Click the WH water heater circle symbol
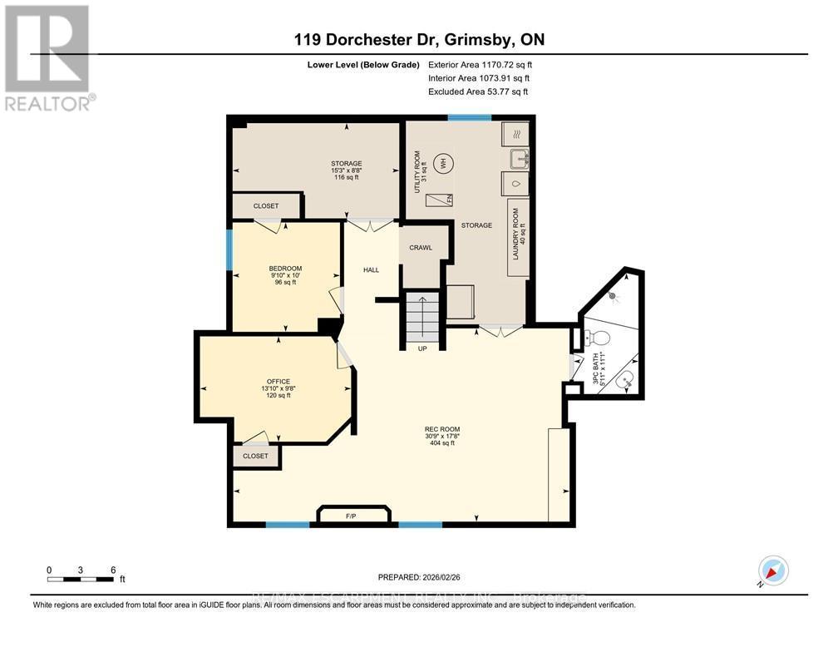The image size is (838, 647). pyautogui.click(x=446, y=165)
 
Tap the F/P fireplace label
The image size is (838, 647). pyautogui.click(x=352, y=516)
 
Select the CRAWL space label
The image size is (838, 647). pyautogui.click(x=421, y=247)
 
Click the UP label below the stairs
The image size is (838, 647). pyautogui.click(x=422, y=348)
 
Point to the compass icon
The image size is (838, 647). pyautogui.click(x=774, y=571)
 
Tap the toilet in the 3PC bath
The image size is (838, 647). pyautogui.click(x=597, y=338)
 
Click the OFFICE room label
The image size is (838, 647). pyautogui.click(x=279, y=382)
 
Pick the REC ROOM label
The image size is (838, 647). pyautogui.click(x=442, y=429)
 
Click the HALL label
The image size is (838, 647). pyautogui.click(x=371, y=269)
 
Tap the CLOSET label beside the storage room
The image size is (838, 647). pyautogui.click(x=266, y=205)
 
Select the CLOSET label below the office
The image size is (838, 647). pyautogui.click(x=255, y=456)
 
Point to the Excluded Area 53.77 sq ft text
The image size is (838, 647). pyautogui.click(x=478, y=92)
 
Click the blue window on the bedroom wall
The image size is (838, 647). pyautogui.click(x=229, y=249)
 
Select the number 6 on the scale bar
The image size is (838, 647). pyautogui.click(x=113, y=570)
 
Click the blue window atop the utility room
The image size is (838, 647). pyautogui.click(x=463, y=117)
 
